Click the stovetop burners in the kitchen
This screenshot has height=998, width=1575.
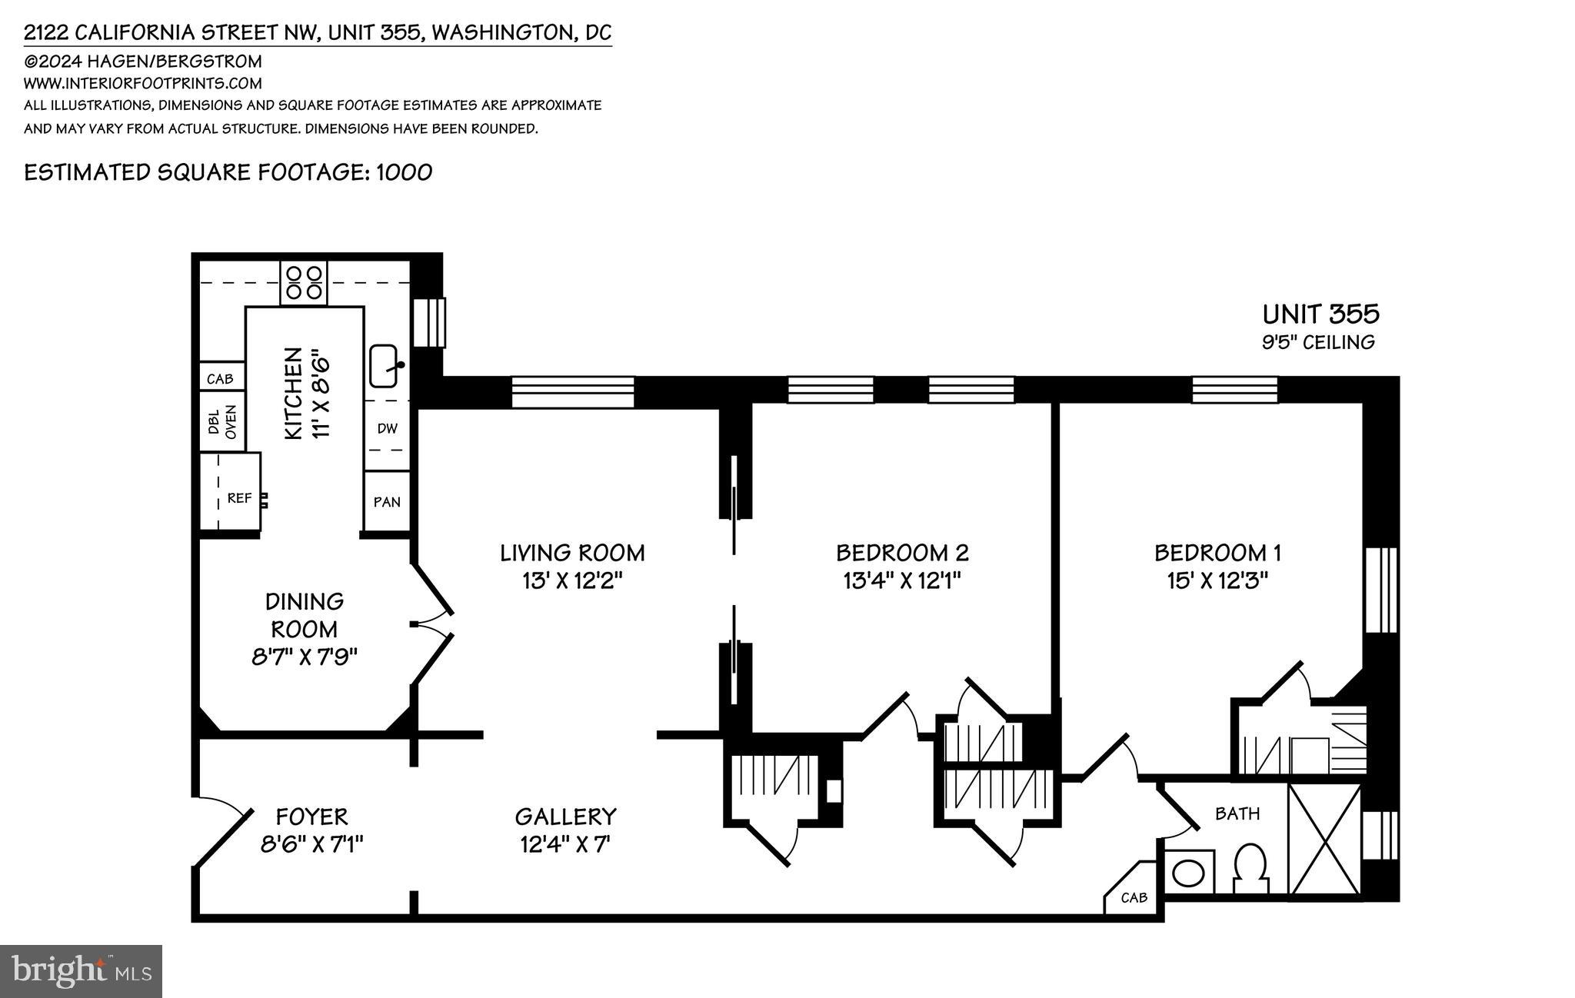point(304,283)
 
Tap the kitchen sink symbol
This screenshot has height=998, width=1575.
point(384,367)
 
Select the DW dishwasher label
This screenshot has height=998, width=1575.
point(387,429)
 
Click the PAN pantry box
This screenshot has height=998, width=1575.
point(387,502)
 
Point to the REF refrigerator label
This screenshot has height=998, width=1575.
point(239,498)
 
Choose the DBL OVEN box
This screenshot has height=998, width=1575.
point(222,422)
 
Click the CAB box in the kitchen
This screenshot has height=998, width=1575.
point(221,379)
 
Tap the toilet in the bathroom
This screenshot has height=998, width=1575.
point(1251,869)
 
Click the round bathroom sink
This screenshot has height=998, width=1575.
point(1189,872)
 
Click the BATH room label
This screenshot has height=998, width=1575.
point(1237,813)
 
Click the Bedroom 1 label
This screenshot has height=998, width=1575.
point(1217,553)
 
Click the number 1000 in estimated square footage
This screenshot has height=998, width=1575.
point(404,172)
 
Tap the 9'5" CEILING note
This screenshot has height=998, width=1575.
point(1318,342)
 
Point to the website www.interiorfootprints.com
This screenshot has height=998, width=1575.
point(143,83)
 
